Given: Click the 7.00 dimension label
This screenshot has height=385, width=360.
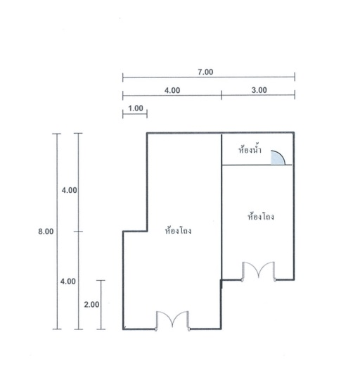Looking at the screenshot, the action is (x=205, y=72).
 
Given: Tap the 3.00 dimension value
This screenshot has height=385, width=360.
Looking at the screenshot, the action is (x=259, y=90).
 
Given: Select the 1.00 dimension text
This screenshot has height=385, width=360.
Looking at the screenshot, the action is (x=136, y=108).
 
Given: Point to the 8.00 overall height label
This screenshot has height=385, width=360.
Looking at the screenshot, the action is (x=46, y=232).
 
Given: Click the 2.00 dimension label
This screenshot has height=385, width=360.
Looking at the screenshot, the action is (x=91, y=305).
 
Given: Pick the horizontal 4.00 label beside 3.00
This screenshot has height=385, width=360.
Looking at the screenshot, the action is (x=172, y=90).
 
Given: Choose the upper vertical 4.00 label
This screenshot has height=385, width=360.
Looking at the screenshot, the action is (x=70, y=190).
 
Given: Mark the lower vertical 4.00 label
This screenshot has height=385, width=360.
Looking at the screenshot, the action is (x=68, y=282).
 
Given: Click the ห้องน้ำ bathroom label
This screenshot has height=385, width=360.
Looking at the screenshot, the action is (x=250, y=149).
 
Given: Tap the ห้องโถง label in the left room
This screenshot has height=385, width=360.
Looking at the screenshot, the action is (x=179, y=230).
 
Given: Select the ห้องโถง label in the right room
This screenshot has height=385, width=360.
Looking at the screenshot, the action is (x=261, y=216).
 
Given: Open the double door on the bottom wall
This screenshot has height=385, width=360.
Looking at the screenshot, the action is (x=173, y=321).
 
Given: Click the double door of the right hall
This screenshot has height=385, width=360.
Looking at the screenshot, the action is (x=259, y=271).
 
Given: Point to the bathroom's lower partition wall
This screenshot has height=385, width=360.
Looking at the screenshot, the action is (x=257, y=165).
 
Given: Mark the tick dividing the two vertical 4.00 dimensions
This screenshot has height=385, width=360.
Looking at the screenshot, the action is (x=78, y=232).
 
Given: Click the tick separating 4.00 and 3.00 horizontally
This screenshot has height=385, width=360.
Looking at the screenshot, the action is (x=221, y=95).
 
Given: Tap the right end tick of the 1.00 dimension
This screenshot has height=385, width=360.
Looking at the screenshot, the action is (x=147, y=114).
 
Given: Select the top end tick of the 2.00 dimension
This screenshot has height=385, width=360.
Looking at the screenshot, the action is (x=101, y=280).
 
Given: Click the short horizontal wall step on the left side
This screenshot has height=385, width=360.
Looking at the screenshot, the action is (x=135, y=231).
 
